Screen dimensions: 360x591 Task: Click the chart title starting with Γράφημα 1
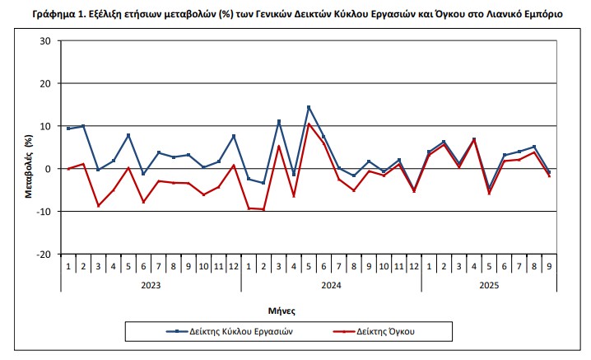tap(298, 14)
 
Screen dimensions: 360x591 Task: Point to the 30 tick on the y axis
tap(45, 41)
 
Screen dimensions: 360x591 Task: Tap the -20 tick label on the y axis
tap(43, 255)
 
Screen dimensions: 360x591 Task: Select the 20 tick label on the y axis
tap(45, 84)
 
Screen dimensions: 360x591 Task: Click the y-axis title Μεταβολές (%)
tap(28, 147)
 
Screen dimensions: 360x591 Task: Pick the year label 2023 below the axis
tap(151, 285)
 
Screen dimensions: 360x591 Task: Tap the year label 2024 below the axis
tap(331, 285)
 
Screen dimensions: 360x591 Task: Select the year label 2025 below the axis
tap(489, 285)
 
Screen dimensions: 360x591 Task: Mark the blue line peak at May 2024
tap(309, 107)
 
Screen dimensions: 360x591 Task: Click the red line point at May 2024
tap(309, 124)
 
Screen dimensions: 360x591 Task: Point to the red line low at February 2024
tap(263, 209)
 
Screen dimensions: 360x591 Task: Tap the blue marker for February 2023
tap(83, 126)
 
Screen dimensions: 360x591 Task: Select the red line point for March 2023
tap(98, 206)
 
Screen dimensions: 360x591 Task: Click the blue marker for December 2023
tap(234, 136)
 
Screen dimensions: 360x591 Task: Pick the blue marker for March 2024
tap(279, 121)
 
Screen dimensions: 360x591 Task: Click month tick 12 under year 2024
tap(414, 267)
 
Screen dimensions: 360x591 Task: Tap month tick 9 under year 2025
tap(549, 267)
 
